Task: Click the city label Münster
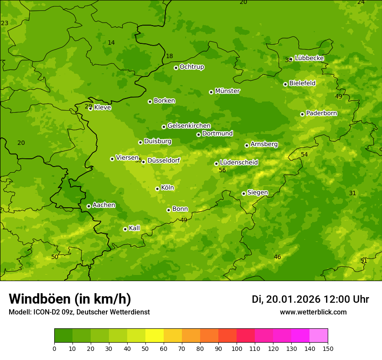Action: (227, 91)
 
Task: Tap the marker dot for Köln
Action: (157, 189)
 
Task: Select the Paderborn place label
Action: (322, 113)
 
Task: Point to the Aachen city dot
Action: (89, 206)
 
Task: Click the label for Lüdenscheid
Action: (239, 163)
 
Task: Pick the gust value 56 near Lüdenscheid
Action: (222, 170)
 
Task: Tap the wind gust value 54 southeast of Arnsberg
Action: (304, 155)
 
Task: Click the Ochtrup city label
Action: (192, 67)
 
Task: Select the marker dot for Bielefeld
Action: (285, 84)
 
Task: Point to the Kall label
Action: (135, 228)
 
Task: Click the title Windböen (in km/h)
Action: (70, 299)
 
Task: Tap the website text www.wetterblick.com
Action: (313, 312)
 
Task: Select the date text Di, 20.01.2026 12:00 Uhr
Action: (310, 299)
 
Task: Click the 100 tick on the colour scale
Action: (237, 348)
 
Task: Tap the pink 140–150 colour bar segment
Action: (319, 336)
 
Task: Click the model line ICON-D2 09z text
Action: (79, 312)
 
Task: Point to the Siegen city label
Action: (257, 193)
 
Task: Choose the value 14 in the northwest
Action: (111, 43)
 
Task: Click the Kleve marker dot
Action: (90, 108)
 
